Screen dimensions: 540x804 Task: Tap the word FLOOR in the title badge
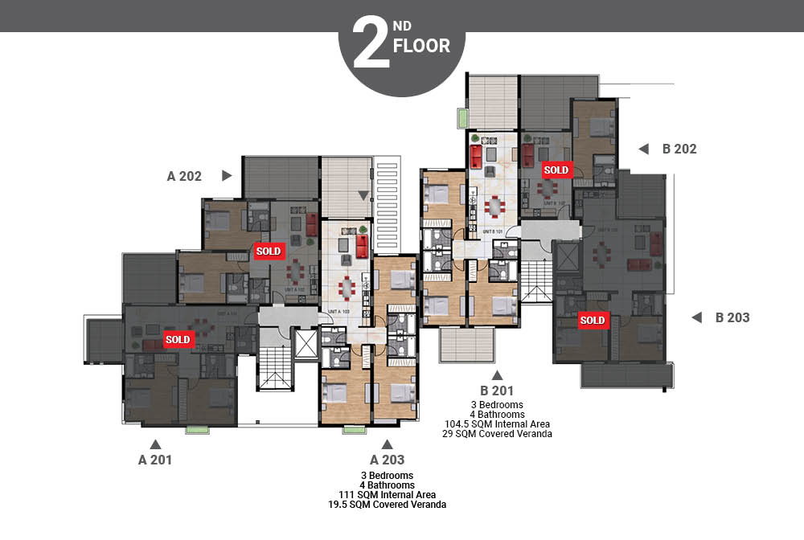421,46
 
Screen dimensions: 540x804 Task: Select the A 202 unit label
184,176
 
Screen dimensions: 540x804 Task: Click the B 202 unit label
679,149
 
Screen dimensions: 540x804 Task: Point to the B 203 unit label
732,317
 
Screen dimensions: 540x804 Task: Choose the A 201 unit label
154,460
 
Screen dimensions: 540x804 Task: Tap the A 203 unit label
387,460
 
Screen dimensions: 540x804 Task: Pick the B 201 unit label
497,391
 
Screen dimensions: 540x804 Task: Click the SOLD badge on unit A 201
178,339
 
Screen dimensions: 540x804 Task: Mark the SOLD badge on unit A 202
269,251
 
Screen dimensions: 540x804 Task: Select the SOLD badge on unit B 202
556,170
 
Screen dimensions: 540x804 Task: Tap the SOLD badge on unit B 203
593,321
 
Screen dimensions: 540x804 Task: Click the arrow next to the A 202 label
227,175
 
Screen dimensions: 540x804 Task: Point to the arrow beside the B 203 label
696,317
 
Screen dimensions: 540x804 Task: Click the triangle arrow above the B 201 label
497,374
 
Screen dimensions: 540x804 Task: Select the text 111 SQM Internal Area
388,495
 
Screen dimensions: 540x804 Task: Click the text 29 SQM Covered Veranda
497,433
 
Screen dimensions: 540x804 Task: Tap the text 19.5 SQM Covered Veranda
388,505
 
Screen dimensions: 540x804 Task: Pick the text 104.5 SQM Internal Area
497,423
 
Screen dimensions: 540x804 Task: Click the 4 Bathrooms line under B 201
497,414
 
